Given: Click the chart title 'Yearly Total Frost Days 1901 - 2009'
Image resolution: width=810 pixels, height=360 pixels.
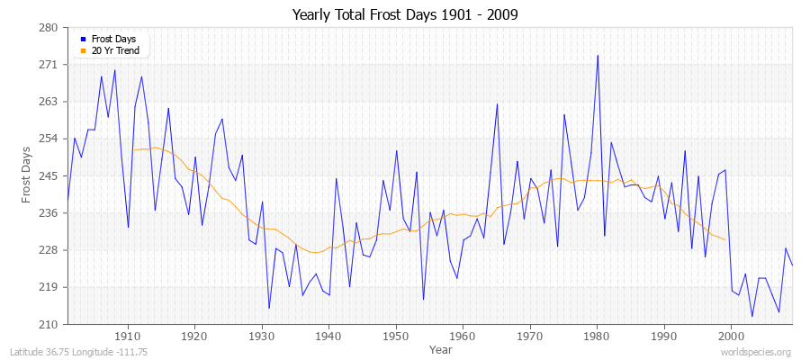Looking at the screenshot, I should tap(405, 14).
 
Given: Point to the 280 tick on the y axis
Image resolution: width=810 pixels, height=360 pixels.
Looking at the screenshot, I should tap(49, 28).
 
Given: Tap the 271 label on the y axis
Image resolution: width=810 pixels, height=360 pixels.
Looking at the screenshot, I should tap(49, 65).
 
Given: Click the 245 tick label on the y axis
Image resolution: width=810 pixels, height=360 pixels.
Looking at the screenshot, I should tap(49, 175).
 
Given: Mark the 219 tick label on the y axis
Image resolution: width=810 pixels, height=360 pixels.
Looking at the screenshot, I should tap(49, 287).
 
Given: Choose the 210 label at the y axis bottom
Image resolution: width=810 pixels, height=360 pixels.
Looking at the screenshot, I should tap(49, 324).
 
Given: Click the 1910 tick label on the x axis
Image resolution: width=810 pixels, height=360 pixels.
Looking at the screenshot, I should tap(128, 336).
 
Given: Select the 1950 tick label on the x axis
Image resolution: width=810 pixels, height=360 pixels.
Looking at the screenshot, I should tap(396, 336).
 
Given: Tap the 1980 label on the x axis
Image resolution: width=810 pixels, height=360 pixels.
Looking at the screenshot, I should tap(597, 336).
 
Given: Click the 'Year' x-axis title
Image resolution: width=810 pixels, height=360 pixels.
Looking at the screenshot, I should tap(441, 349).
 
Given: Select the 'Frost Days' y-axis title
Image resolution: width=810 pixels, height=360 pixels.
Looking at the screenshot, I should tap(28, 176).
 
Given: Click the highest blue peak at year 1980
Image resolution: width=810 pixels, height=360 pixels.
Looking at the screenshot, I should tap(598, 56).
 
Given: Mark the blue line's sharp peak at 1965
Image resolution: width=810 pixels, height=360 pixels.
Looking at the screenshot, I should tap(497, 104).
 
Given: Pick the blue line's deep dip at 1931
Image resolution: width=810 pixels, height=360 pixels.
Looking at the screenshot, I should tap(269, 308).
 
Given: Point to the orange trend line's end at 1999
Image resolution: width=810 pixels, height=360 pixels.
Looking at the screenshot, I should tap(725, 239).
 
